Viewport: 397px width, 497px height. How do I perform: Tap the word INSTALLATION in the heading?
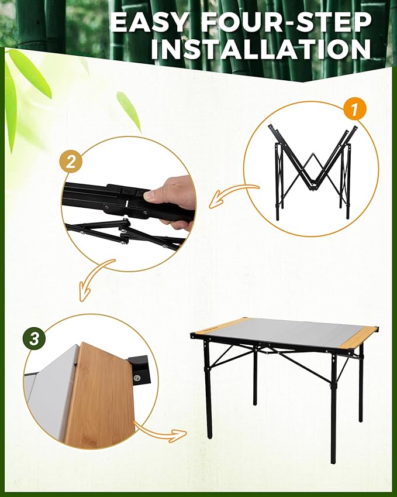pos(261,49)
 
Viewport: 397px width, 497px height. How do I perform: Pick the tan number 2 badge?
pos(71,162)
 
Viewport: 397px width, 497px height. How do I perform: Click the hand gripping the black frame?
pos(173,196)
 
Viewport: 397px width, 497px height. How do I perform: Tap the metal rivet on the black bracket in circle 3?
pos(138,380)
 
